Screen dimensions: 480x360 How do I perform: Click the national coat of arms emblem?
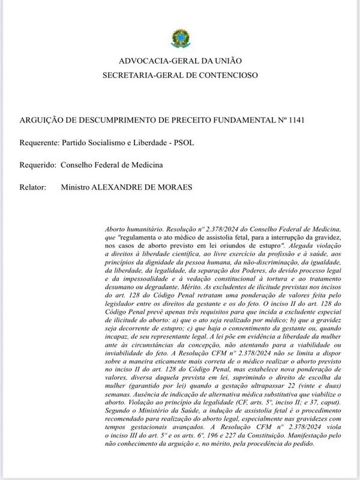pos(179,39)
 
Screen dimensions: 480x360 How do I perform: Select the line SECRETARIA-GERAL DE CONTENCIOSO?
pos(180,76)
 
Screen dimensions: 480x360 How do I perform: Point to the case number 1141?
pos(296,119)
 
